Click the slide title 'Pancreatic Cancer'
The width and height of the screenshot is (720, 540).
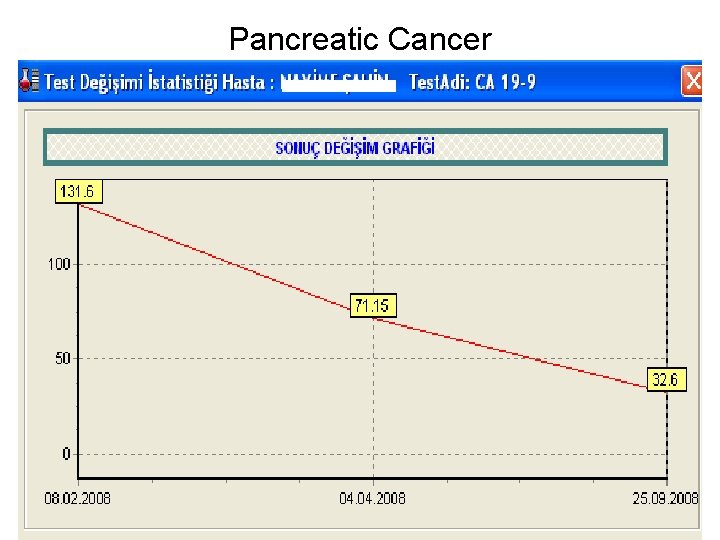(x=360, y=39)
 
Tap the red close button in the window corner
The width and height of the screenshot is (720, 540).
(x=691, y=81)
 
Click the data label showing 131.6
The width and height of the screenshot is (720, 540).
(x=78, y=191)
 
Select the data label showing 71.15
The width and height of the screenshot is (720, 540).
(x=372, y=305)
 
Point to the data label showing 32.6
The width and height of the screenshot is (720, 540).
(x=666, y=380)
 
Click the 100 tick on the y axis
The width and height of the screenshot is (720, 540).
(x=59, y=265)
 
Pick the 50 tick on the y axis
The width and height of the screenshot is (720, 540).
(x=62, y=358)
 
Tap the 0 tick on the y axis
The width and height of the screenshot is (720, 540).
(x=66, y=454)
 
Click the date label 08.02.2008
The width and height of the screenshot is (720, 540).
(x=78, y=498)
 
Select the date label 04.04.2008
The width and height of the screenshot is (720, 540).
(x=372, y=498)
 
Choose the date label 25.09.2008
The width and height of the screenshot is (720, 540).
(x=664, y=498)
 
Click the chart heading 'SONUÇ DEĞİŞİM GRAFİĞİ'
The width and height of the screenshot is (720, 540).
(x=355, y=148)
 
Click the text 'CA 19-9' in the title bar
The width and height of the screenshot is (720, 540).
(x=505, y=82)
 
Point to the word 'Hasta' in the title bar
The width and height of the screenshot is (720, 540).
(x=243, y=82)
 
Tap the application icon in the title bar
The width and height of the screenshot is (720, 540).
(x=30, y=81)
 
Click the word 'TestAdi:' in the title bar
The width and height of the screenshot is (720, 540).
(x=440, y=82)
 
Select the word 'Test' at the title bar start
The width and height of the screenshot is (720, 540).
(x=61, y=82)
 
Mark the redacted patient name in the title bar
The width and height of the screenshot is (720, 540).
(x=338, y=82)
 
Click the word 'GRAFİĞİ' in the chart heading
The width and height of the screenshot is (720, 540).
(x=408, y=148)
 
